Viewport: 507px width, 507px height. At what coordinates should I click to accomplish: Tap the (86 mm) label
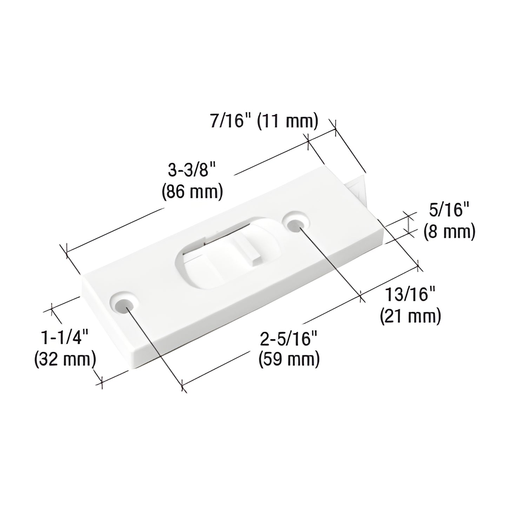coord(192,192)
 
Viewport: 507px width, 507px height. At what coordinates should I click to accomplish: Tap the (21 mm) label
coord(410,316)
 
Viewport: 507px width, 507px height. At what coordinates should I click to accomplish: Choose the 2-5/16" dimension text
coord(288,340)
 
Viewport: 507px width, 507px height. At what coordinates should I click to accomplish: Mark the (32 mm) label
coord(65,359)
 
